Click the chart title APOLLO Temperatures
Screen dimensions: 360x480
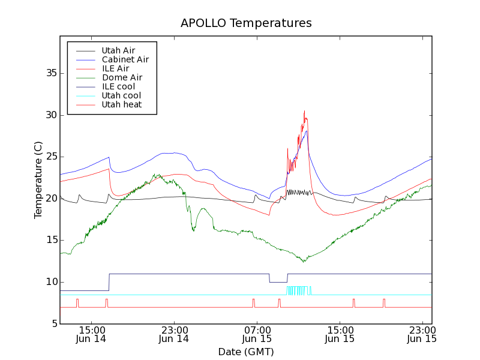click(246, 23)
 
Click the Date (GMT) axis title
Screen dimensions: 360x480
click(245, 351)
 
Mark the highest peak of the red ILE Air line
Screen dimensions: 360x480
click(304, 111)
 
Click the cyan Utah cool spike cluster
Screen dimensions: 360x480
click(299, 290)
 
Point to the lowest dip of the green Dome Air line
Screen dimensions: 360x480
click(304, 261)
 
